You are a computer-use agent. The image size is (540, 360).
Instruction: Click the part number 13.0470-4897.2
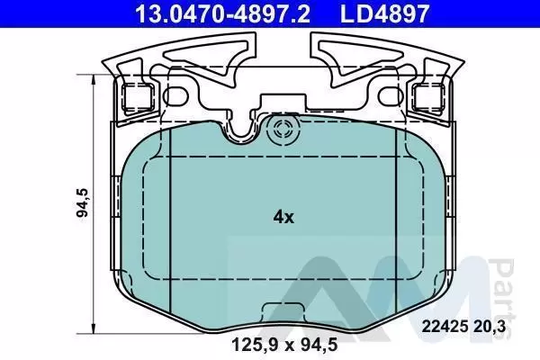223,13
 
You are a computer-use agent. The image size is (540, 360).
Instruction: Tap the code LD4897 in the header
384,13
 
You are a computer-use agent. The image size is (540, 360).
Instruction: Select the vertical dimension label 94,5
82,202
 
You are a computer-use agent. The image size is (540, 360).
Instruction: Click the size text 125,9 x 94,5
284,345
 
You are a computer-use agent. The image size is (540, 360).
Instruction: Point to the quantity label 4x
283,217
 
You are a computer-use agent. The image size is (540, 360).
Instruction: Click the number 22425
445,326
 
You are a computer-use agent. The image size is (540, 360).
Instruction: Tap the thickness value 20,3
489,326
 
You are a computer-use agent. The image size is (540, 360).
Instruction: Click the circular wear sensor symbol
283,130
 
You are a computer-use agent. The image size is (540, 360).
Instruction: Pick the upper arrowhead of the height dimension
93,79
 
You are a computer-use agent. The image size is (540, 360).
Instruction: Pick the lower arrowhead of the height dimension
93,328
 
